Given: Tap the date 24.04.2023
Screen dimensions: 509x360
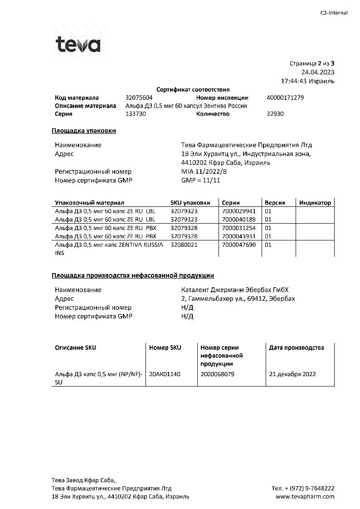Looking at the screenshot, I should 318,72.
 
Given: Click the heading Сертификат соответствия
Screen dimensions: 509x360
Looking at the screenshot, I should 193,90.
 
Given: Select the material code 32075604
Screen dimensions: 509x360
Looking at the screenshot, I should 139,98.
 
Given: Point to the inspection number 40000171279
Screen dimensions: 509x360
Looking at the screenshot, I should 285,98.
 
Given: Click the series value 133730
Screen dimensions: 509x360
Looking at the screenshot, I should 136,114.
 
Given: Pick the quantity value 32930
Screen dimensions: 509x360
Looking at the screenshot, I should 275,114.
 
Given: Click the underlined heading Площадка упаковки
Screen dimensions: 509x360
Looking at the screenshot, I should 84,131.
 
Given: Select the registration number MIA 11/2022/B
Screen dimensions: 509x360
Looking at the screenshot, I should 204,171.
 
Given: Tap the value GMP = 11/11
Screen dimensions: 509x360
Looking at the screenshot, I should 201,180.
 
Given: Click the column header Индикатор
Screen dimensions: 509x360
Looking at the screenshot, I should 315,203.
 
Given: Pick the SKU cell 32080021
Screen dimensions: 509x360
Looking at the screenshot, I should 184,245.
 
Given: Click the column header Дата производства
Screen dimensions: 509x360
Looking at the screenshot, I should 297,348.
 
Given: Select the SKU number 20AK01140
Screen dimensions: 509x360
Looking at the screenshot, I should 165,374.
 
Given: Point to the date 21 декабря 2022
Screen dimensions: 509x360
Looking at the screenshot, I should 292,374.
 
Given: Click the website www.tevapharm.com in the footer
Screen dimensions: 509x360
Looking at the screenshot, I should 305,496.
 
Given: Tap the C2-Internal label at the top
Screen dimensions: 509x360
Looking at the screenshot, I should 334,13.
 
